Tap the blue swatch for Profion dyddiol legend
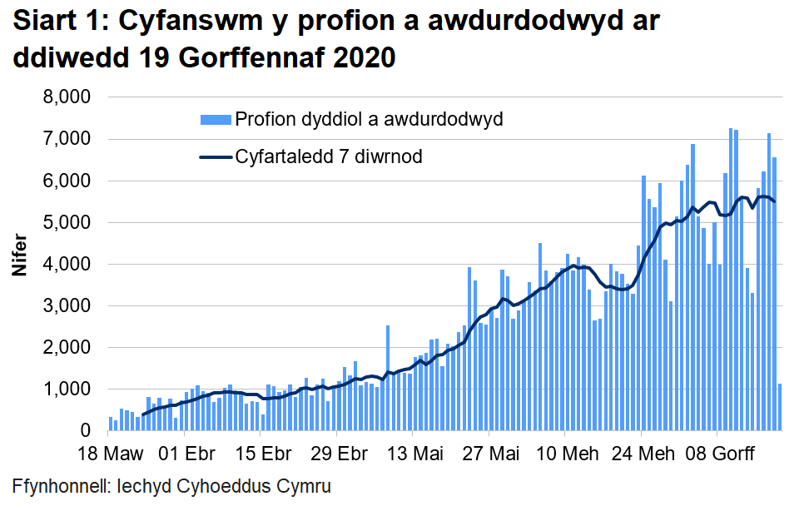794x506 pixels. pyautogui.click(x=215, y=119)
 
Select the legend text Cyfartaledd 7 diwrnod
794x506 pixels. pyautogui.click(x=330, y=156)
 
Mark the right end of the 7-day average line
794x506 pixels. pyautogui.click(x=775, y=201)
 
